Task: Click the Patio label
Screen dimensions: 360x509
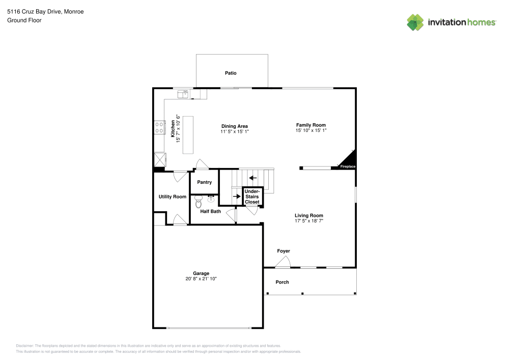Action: (231, 73)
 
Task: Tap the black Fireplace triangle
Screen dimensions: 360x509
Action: (350, 160)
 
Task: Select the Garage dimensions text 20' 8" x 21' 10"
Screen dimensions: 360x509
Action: (201, 279)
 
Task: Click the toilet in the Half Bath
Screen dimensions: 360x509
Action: (199, 202)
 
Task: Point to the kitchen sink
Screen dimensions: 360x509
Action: (183, 94)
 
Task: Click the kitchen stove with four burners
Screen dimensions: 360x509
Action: (159, 127)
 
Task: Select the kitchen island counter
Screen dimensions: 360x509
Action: (188, 135)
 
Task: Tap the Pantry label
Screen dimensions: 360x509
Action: (204, 182)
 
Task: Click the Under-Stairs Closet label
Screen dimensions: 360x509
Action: (252, 197)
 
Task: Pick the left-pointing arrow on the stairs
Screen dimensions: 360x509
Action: (253, 178)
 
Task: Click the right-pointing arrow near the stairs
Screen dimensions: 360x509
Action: (236, 196)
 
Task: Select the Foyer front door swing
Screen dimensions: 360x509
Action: (282, 262)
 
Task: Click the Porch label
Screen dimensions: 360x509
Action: (282, 282)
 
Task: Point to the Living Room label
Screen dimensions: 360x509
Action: (309, 215)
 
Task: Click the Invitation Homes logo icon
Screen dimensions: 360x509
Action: (415, 22)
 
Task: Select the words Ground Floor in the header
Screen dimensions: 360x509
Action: (24, 20)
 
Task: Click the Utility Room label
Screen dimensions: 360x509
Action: (172, 197)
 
